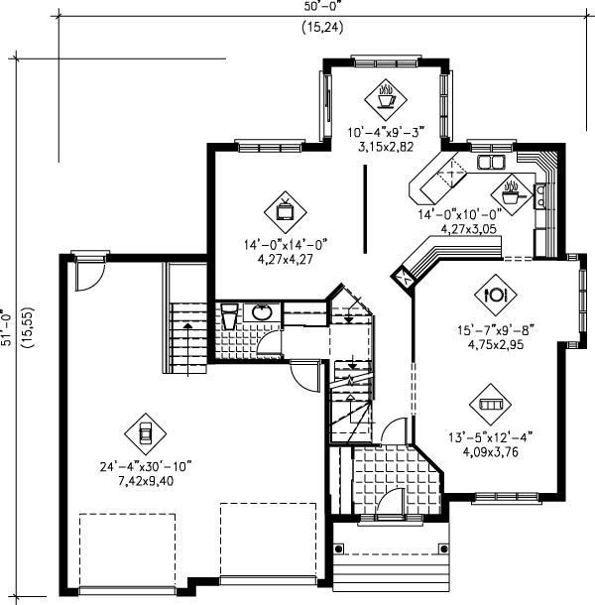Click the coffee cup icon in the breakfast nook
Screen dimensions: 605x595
(x=384, y=97)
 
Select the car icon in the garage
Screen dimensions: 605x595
(x=145, y=431)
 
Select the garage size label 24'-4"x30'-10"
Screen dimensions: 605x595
(x=145, y=464)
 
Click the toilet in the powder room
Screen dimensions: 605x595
(x=227, y=315)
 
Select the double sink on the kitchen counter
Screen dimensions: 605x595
(x=491, y=161)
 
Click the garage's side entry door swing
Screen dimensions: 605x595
(x=87, y=273)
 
